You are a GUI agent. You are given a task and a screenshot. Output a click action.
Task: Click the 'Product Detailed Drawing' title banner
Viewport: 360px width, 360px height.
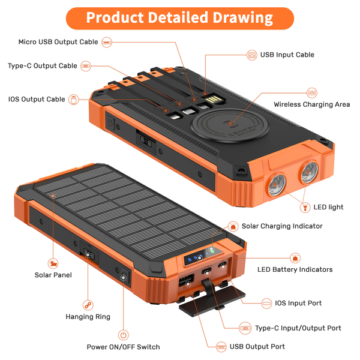pos(179,17)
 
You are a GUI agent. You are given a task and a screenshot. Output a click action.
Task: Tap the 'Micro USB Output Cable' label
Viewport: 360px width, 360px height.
pos(58,42)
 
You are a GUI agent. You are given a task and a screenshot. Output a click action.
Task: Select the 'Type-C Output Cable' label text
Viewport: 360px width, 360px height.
pos(42,65)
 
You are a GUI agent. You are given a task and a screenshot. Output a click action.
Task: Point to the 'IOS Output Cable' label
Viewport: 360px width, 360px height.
pos(37,99)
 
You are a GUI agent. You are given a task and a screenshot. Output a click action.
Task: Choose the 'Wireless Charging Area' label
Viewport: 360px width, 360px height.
pos(311,104)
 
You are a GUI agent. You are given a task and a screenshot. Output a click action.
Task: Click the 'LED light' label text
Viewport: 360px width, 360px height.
pos(328,207)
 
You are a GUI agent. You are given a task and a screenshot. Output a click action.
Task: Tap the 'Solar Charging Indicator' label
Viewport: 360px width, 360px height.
pos(282,226)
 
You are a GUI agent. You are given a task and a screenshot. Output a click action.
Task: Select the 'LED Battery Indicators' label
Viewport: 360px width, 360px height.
pos(295,270)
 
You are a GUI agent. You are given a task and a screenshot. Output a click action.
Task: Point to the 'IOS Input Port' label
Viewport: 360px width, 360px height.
pos(298,303)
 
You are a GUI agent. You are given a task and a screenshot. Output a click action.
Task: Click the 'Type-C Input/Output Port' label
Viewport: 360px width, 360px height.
pos(298,328)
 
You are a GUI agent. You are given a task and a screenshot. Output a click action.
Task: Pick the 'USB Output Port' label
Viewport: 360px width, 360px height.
pos(257,346)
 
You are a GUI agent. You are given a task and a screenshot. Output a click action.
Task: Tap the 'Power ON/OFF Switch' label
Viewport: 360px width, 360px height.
pos(124,347)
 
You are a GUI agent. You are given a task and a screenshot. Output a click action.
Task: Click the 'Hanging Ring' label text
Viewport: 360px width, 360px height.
pos(88,317)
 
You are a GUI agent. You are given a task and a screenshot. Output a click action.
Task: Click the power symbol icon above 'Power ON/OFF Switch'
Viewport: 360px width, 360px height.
pos(124,335)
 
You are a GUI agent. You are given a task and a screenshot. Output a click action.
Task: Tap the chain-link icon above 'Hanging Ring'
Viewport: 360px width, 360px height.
pos(88,305)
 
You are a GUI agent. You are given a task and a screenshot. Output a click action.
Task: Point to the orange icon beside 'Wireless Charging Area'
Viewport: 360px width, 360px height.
pos(311,93)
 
